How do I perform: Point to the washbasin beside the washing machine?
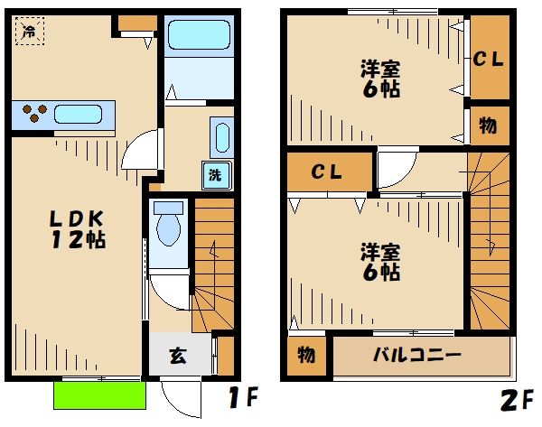[220, 137]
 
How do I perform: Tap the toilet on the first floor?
[169, 225]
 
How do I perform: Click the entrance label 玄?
[178, 356]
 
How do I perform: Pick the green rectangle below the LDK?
[98, 395]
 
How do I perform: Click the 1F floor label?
[243, 396]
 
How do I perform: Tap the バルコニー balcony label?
[418, 355]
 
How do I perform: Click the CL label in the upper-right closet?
[489, 60]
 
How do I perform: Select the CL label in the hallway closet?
[329, 172]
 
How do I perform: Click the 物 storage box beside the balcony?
[307, 356]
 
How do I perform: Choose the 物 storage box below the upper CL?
[489, 125]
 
